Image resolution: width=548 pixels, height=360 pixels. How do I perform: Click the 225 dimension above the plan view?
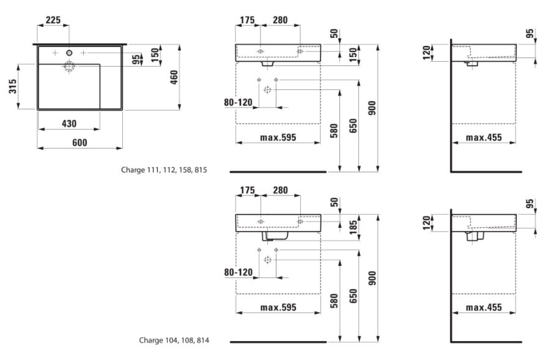point(53,20)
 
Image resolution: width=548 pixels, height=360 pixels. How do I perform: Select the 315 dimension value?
point(13,86)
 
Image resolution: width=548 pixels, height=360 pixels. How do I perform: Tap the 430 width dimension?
point(69,123)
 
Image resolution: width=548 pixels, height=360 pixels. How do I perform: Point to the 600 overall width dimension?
point(80,143)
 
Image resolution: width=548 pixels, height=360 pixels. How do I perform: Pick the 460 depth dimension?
point(174,77)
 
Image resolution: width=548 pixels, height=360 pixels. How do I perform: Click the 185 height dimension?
point(354,227)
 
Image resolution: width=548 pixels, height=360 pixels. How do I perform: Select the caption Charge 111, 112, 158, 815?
point(164,170)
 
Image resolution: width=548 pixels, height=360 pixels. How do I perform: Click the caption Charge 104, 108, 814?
point(174,340)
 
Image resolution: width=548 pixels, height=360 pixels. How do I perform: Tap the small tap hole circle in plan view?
point(69,53)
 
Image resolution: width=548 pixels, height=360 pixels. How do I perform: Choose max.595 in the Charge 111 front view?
point(278,138)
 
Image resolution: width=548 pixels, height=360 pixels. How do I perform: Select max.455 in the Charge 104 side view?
point(484,307)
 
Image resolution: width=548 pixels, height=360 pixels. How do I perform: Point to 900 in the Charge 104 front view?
point(372,278)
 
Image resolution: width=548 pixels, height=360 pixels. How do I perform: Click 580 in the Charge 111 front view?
point(334,131)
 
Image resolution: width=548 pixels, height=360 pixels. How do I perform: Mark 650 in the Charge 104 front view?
point(354,296)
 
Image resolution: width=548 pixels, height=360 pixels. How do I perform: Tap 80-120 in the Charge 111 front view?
point(238,102)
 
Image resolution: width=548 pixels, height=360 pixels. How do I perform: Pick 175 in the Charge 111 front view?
point(248,20)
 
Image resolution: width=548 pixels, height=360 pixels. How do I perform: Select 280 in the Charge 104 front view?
point(280,190)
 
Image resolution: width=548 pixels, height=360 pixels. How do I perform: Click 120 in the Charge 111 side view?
point(426,53)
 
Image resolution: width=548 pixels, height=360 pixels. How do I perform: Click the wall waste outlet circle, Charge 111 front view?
point(267,90)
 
